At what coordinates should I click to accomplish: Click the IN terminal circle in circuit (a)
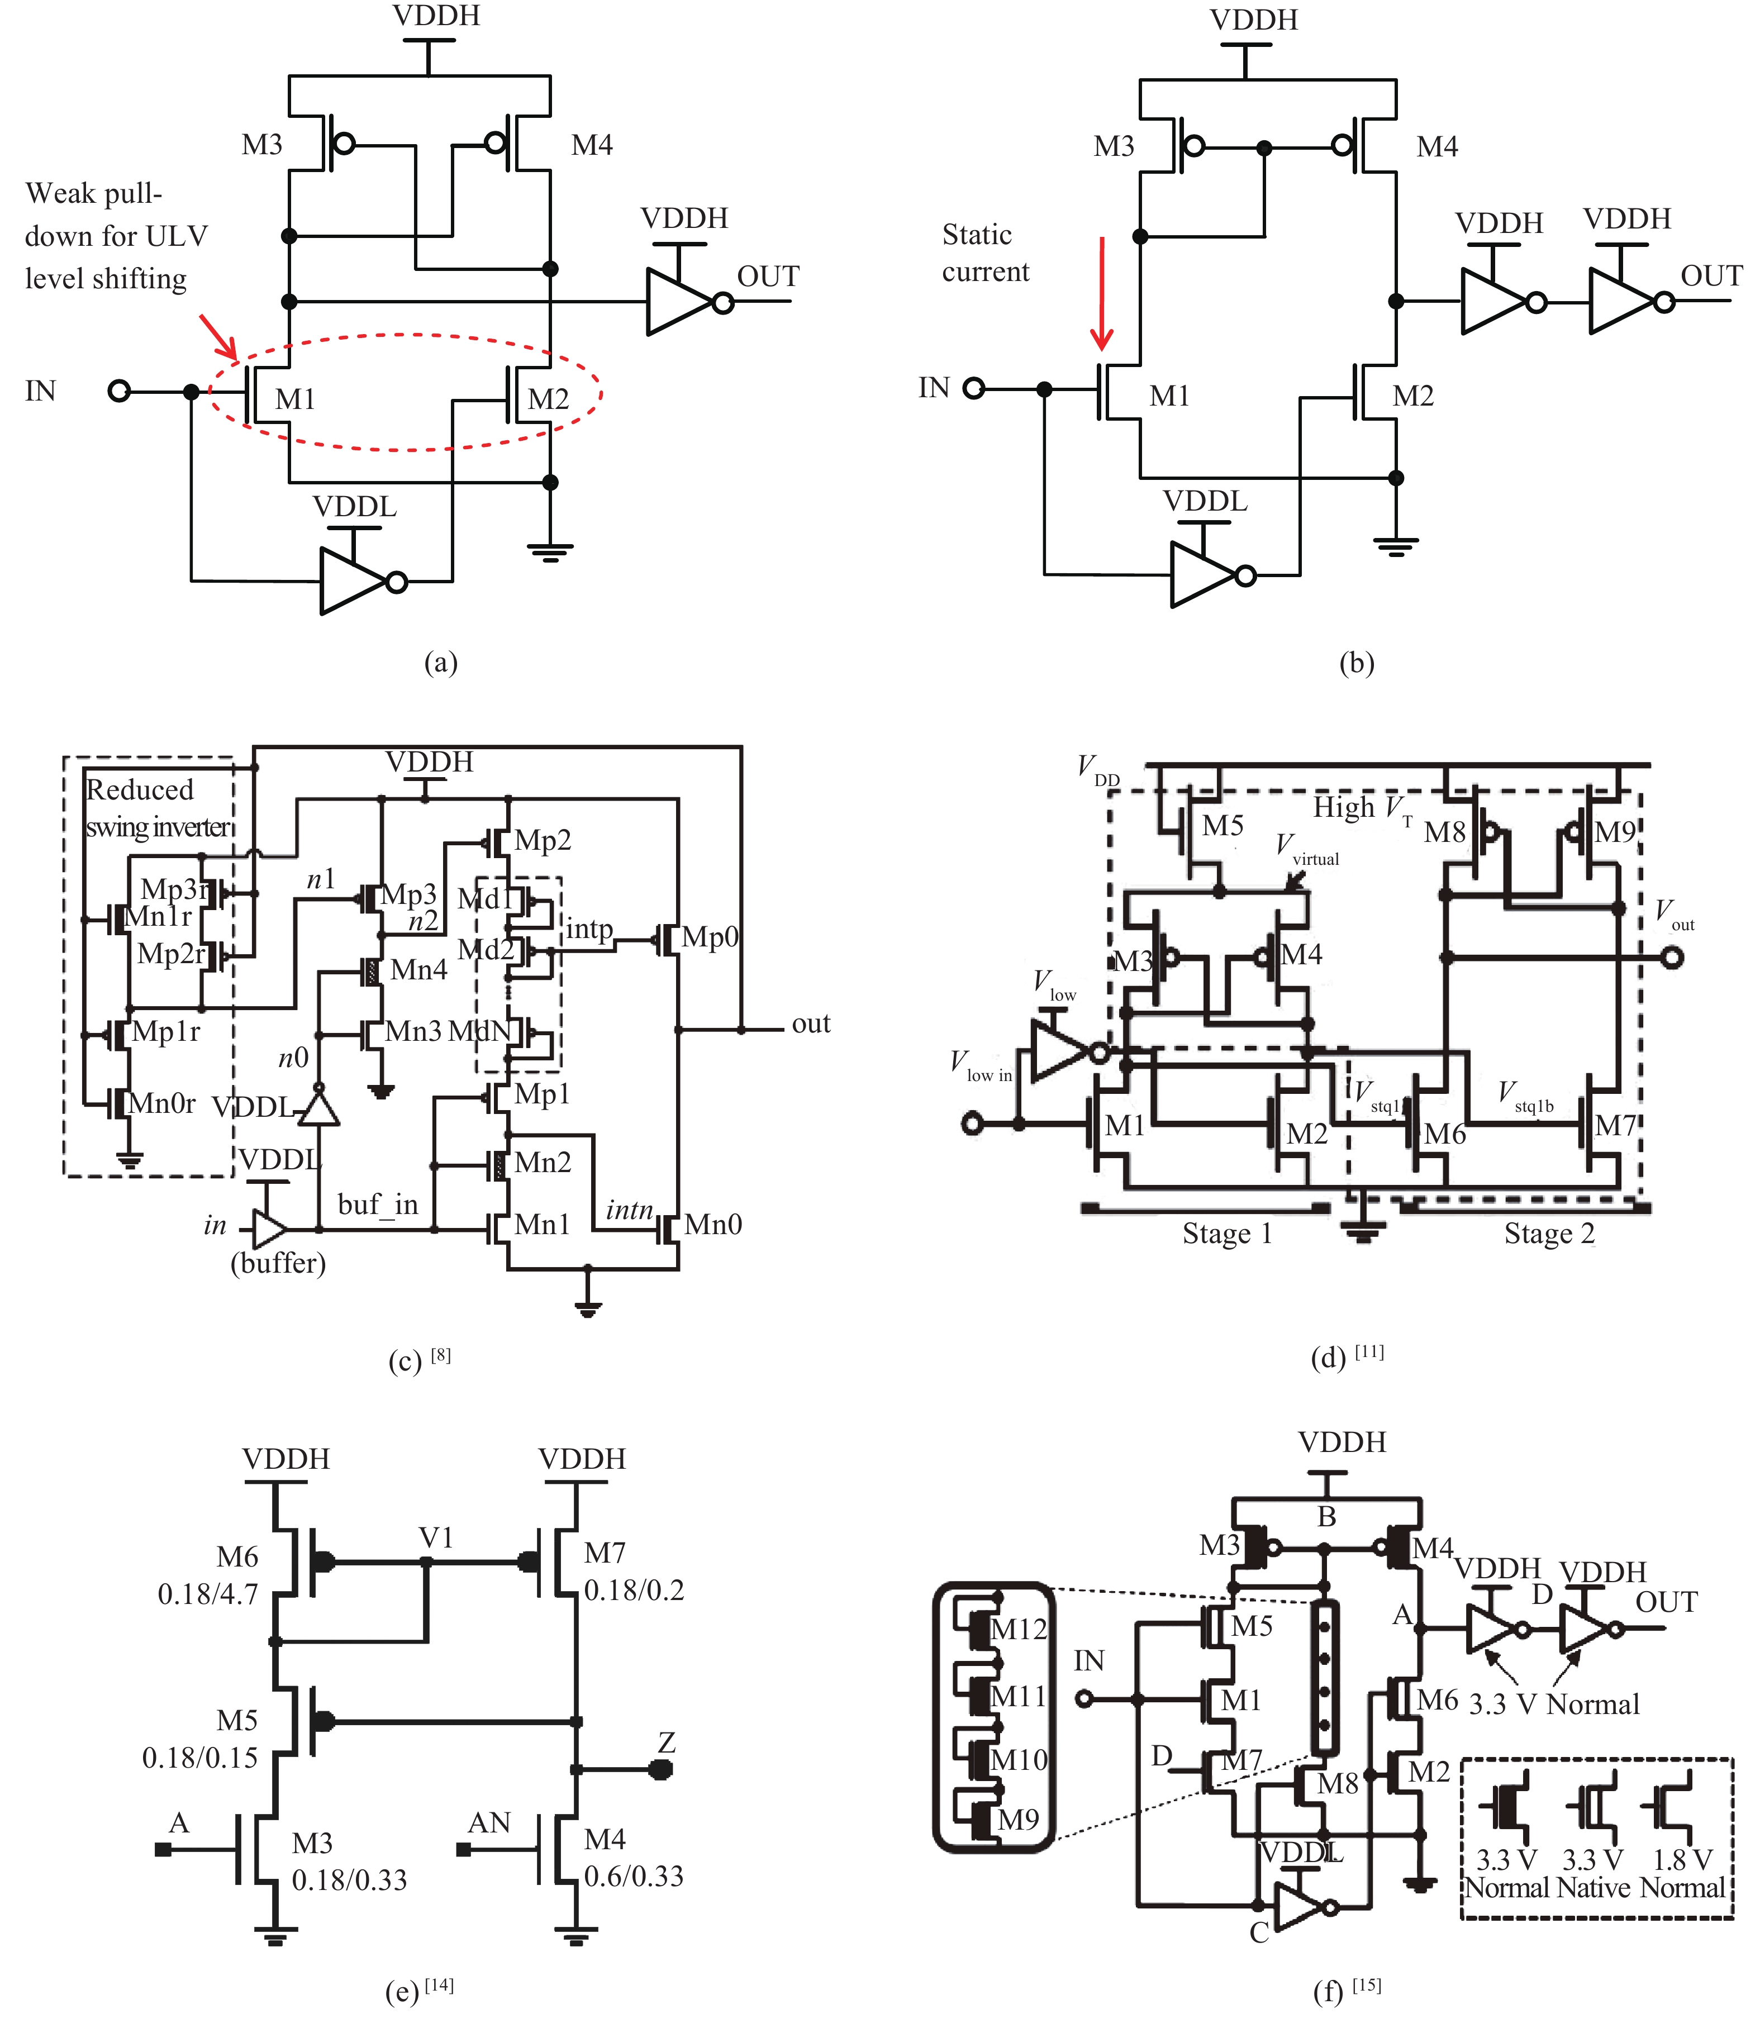(x=119, y=391)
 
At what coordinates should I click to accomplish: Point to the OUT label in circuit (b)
(x=1711, y=276)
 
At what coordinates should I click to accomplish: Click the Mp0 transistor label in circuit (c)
(x=710, y=937)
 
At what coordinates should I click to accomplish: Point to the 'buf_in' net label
(x=378, y=1205)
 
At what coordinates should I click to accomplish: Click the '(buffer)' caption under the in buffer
(x=278, y=1262)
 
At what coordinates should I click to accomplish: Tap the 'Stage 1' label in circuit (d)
(x=1227, y=1234)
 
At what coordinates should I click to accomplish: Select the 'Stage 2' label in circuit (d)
(x=1549, y=1234)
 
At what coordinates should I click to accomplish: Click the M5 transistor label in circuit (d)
(x=1223, y=825)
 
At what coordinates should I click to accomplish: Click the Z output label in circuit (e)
(x=667, y=1742)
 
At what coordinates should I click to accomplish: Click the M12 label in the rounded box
(x=1019, y=1629)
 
